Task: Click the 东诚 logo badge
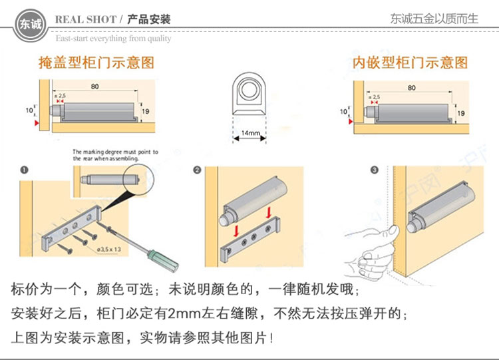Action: point(30,25)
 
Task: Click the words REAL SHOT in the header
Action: point(86,19)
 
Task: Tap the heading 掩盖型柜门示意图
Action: point(96,63)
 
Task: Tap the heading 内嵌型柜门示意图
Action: point(411,63)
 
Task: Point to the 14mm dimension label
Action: point(249,133)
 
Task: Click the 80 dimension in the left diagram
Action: point(95,87)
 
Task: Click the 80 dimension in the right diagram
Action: point(411,87)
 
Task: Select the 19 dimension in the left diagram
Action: point(146,112)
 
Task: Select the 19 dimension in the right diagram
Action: point(461,112)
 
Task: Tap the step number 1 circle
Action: point(24,170)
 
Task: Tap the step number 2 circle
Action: point(197,170)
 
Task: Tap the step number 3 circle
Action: point(374,170)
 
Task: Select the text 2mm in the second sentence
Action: point(184,313)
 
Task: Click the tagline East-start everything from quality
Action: point(113,39)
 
